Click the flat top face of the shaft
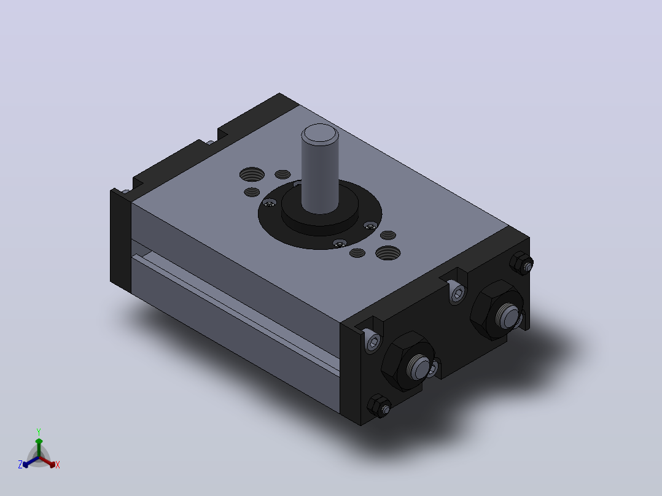coord(320,133)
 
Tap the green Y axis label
coord(39,432)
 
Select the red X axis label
coord(58,465)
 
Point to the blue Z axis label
coord(20,465)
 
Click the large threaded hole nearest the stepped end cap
coord(252,174)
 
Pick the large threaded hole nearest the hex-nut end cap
coord(388,253)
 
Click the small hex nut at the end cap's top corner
coord(521,263)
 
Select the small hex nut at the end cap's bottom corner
coord(379,406)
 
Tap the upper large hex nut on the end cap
coord(496,309)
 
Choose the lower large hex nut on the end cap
coord(407,361)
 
